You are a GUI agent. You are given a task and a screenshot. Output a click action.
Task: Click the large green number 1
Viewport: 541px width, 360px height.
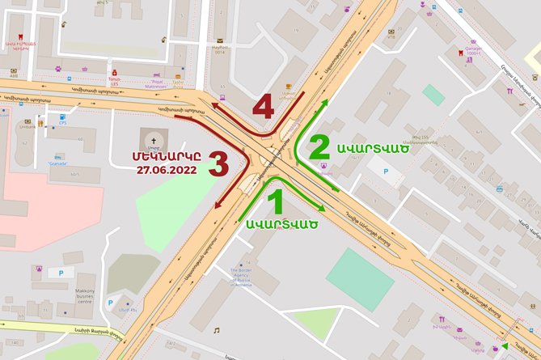[x=276, y=201]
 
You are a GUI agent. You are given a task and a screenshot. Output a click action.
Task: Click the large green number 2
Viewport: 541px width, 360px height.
[x=319, y=147]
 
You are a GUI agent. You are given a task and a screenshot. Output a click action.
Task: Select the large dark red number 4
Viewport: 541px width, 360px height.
[x=263, y=107]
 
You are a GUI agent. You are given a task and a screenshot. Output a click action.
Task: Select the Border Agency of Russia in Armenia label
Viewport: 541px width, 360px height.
[x=241, y=277]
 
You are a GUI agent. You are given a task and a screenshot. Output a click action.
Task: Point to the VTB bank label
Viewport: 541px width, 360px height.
[x=391, y=36]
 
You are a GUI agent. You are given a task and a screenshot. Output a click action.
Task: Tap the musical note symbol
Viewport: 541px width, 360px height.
[x=217, y=330]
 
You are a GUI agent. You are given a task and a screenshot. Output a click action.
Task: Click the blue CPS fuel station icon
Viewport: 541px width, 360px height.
[x=62, y=118]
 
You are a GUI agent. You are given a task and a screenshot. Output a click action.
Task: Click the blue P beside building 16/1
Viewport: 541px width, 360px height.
[x=385, y=172]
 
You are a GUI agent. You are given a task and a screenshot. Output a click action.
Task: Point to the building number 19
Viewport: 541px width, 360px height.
[x=296, y=31]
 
